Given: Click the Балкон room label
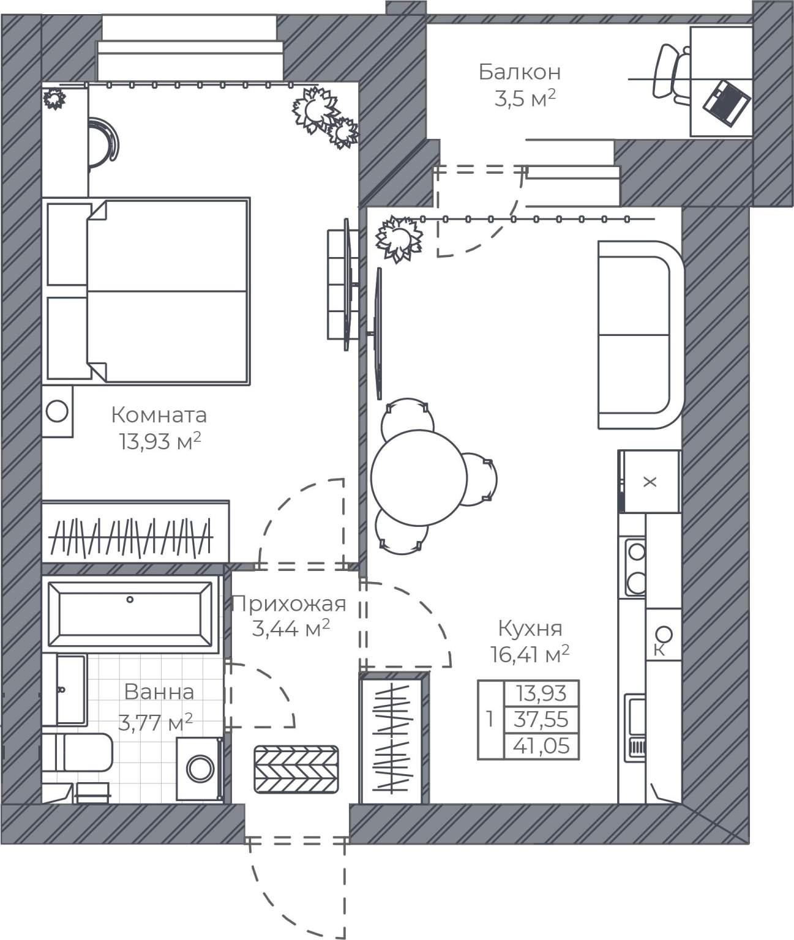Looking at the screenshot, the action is [519, 72].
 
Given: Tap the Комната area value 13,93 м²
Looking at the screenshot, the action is [159, 442].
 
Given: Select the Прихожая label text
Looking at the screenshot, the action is [290, 604].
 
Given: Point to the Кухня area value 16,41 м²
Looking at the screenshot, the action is [530, 654].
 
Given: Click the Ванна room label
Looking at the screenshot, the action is [159, 692].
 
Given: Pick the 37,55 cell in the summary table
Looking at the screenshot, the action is [541, 720].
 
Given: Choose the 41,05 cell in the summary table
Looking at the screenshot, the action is [541, 746].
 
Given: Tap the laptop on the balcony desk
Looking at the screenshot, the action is [727, 103].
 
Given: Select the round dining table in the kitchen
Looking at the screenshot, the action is [419, 478].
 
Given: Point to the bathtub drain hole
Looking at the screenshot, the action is [130, 599].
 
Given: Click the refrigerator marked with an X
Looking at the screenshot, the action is [649, 482].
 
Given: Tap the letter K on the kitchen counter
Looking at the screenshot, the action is [659, 650].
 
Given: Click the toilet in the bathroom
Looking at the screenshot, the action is [78, 752].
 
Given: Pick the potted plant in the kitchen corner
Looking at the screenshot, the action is [399, 239].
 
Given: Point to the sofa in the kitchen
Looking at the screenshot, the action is [641, 335].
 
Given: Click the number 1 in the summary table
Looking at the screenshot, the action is [490, 719].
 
